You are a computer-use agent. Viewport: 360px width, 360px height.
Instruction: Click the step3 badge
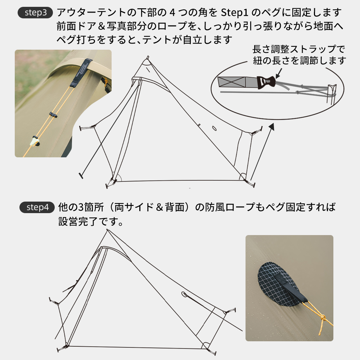pyautogui.click(x=36, y=13)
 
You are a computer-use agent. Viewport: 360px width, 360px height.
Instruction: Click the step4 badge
pyautogui.click(x=37, y=207)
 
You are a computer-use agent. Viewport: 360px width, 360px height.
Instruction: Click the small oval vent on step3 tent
pyautogui.click(x=214, y=128)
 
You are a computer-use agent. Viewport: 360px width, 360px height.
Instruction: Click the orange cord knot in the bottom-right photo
pyautogui.click(x=323, y=318)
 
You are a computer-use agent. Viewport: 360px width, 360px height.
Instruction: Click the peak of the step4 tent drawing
pyautogui.click(x=107, y=230)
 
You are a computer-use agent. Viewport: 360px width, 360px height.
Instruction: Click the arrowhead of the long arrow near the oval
pyautogui.click(x=271, y=126)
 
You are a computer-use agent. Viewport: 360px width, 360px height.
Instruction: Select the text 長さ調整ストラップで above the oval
pyautogui.click(x=299, y=49)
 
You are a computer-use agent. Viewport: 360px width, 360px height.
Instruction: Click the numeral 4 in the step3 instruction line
pyautogui.click(x=172, y=13)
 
